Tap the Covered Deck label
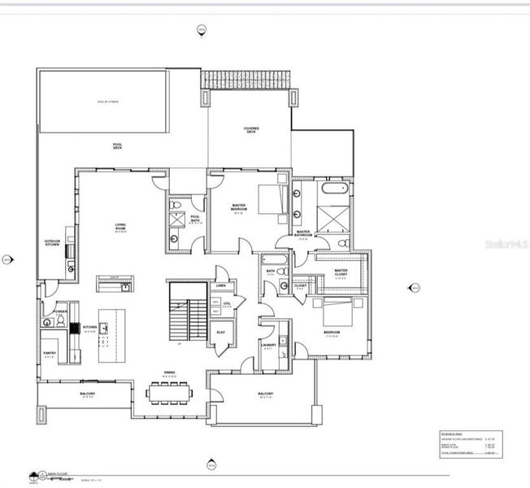pos(251,130)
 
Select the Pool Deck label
pos(118,147)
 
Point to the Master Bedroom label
pos(239,208)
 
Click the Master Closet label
pos(341,272)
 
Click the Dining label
pos(168,376)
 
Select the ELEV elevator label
pos(220,333)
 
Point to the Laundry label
pos(269,345)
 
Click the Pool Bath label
pos(195,218)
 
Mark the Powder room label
pos(59,312)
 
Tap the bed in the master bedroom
pos(272,198)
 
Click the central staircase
pos(187,312)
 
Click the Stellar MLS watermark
pos(505,243)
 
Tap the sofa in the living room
pos(115,282)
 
